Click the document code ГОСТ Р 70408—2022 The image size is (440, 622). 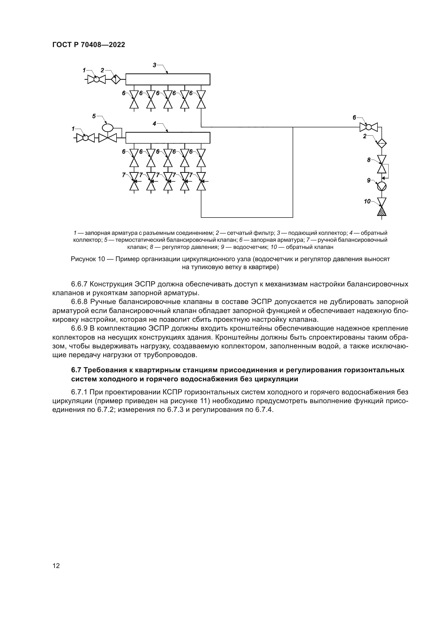click(x=89, y=45)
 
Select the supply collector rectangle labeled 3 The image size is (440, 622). click(x=168, y=79)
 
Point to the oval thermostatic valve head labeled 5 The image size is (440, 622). click(x=108, y=127)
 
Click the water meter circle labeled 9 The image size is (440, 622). click(x=382, y=186)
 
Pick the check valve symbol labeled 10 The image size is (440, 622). click(x=382, y=207)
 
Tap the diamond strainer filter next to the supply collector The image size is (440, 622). click(x=116, y=79)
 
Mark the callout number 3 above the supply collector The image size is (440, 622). click(x=155, y=65)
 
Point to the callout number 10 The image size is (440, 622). click(x=367, y=201)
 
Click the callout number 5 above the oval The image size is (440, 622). click(x=94, y=116)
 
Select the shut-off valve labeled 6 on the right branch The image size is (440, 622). click(x=368, y=127)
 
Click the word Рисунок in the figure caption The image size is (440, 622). click(x=83, y=259)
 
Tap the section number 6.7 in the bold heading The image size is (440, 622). click(x=76, y=370)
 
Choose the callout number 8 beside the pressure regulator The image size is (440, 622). click(x=369, y=160)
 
